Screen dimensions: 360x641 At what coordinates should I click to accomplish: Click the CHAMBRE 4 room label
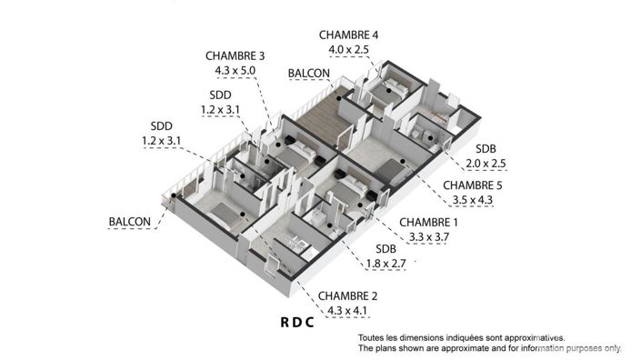[x=348, y=35]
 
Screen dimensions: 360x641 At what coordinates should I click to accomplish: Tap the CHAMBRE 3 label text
[x=235, y=55]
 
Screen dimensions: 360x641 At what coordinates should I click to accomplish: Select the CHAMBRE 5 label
[x=473, y=185]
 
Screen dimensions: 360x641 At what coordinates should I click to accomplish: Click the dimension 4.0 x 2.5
[x=348, y=48]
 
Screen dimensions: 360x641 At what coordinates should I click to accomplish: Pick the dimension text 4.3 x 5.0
[x=235, y=68]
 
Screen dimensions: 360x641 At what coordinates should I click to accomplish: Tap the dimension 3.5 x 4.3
[x=473, y=199]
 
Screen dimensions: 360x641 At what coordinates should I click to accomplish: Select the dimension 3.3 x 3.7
[x=429, y=236]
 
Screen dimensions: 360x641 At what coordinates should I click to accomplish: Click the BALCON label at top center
[x=308, y=73]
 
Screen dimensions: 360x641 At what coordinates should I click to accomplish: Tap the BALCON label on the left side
[x=129, y=222]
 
